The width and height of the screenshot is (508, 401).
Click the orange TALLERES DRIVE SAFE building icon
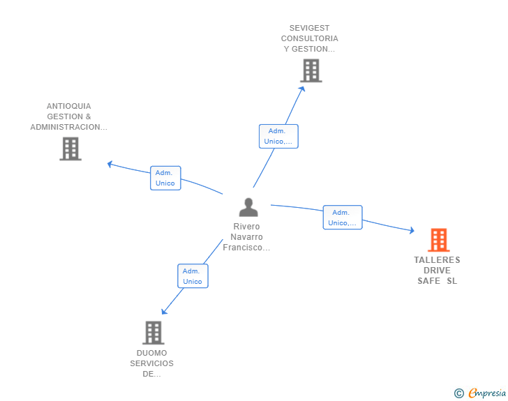pos(439,240)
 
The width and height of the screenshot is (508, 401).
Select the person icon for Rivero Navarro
pos(248,207)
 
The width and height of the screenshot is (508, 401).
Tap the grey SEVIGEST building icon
pos(311,70)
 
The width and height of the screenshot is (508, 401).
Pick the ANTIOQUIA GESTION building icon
pos(70,149)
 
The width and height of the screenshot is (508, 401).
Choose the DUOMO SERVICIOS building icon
pos(154,333)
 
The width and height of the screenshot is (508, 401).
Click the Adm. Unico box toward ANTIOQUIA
pos(165,178)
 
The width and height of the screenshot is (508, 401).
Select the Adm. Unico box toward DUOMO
pos(193,276)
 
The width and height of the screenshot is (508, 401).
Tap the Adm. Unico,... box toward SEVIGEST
pos(278,137)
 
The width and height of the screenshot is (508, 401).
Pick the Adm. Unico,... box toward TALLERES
pos(343,218)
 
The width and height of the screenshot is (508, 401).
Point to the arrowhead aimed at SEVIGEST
pos(302,89)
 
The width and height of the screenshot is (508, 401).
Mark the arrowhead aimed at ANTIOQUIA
pos(110,164)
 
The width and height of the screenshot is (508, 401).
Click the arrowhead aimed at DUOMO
pos(164,312)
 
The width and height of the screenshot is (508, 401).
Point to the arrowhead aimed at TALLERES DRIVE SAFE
pos(412,230)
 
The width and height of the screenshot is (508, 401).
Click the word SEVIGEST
pos(309,28)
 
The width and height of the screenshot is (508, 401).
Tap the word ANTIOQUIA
pos(68,106)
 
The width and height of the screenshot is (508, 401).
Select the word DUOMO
pos(151,353)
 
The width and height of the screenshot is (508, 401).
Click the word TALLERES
pos(437,260)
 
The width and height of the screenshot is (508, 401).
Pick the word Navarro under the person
pos(246,237)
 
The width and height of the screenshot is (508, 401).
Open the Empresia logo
pos(480,393)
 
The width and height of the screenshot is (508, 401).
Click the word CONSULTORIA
pos(309,38)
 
